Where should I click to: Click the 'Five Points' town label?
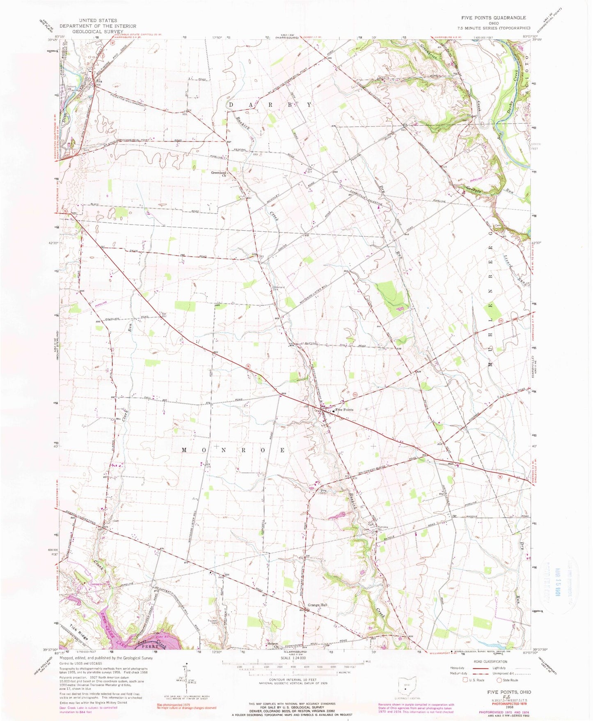click(x=344, y=410)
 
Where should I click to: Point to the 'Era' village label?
click(x=98, y=81)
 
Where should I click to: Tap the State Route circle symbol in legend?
click(x=500, y=680)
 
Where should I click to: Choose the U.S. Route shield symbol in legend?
click(x=465, y=680)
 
